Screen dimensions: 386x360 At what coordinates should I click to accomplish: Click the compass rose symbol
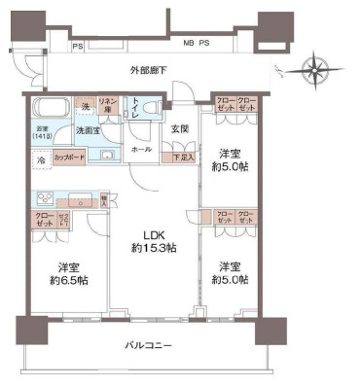[315, 70]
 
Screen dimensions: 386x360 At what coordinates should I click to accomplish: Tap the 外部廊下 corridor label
[150, 70]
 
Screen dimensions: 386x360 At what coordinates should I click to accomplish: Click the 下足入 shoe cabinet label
[182, 157]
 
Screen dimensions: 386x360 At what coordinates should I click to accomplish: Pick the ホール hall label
[142, 151]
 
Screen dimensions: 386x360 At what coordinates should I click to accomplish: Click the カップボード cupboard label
[68, 157]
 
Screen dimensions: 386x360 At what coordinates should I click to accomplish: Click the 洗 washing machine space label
[85, 105]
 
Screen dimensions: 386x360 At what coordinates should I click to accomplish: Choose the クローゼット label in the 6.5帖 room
[44, 218]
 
